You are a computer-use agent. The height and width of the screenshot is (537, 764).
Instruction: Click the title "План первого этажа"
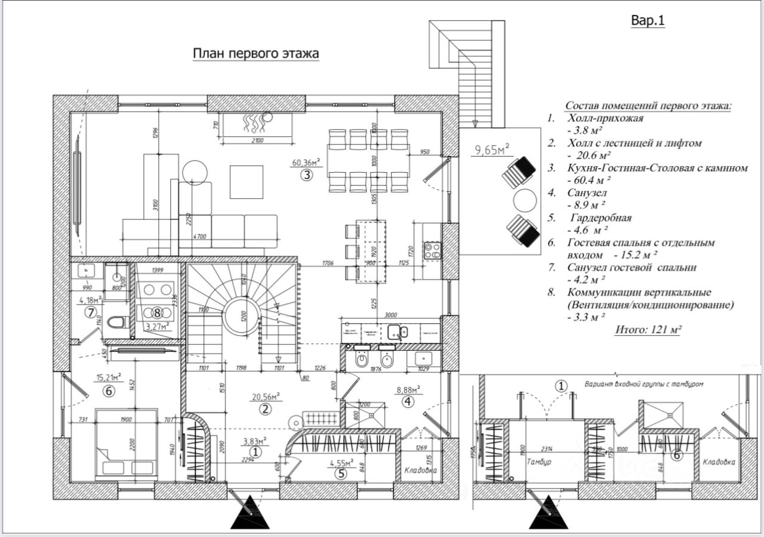coord(255,54)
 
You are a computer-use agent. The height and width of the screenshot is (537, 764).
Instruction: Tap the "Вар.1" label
coord(648,21)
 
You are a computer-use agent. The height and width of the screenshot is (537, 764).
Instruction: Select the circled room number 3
coord(306,175)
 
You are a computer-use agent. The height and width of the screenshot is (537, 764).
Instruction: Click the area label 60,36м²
coord(306,162)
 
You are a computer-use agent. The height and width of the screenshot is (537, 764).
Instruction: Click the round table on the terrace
coord(525,201)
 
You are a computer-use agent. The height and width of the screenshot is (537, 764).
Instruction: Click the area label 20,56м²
coord(266,396)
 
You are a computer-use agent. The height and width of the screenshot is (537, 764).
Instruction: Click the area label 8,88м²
coord(409,389)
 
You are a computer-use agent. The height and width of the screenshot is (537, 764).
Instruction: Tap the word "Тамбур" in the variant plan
coord(538,462)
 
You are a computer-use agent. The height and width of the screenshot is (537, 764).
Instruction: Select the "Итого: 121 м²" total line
coord(648,329)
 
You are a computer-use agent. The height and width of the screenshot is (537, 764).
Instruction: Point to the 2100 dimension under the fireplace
coord(257,140)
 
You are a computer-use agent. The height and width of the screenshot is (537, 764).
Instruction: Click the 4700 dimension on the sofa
coord(199,237)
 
